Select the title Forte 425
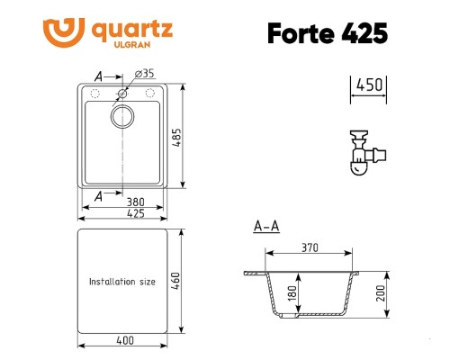coord(327,31)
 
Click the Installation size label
coord(121,282)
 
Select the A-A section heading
coord(266,225)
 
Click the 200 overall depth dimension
coord(381,292)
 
